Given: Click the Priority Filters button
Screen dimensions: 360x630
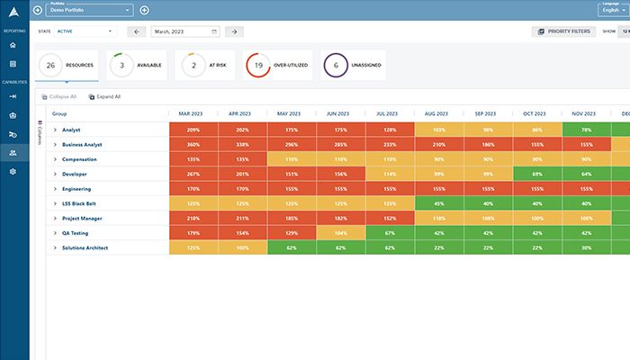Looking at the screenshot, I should (564, 31).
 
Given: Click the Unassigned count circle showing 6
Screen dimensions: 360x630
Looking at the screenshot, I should (336, 65).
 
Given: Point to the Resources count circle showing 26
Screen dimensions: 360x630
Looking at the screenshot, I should (50, 65).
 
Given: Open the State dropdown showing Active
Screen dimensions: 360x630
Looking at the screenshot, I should (85, 31).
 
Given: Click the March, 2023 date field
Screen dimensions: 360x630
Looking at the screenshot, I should (185, 31).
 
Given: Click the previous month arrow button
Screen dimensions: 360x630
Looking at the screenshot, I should (137, 31).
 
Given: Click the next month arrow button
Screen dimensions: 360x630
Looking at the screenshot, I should (233, 31).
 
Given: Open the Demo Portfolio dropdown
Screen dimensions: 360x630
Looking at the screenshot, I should (89, 10).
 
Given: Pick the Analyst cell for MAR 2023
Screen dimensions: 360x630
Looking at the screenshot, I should (193, 130).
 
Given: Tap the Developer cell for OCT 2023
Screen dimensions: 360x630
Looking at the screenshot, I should (536, 173).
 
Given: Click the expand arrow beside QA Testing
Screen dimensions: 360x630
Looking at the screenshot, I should (55, 232).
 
